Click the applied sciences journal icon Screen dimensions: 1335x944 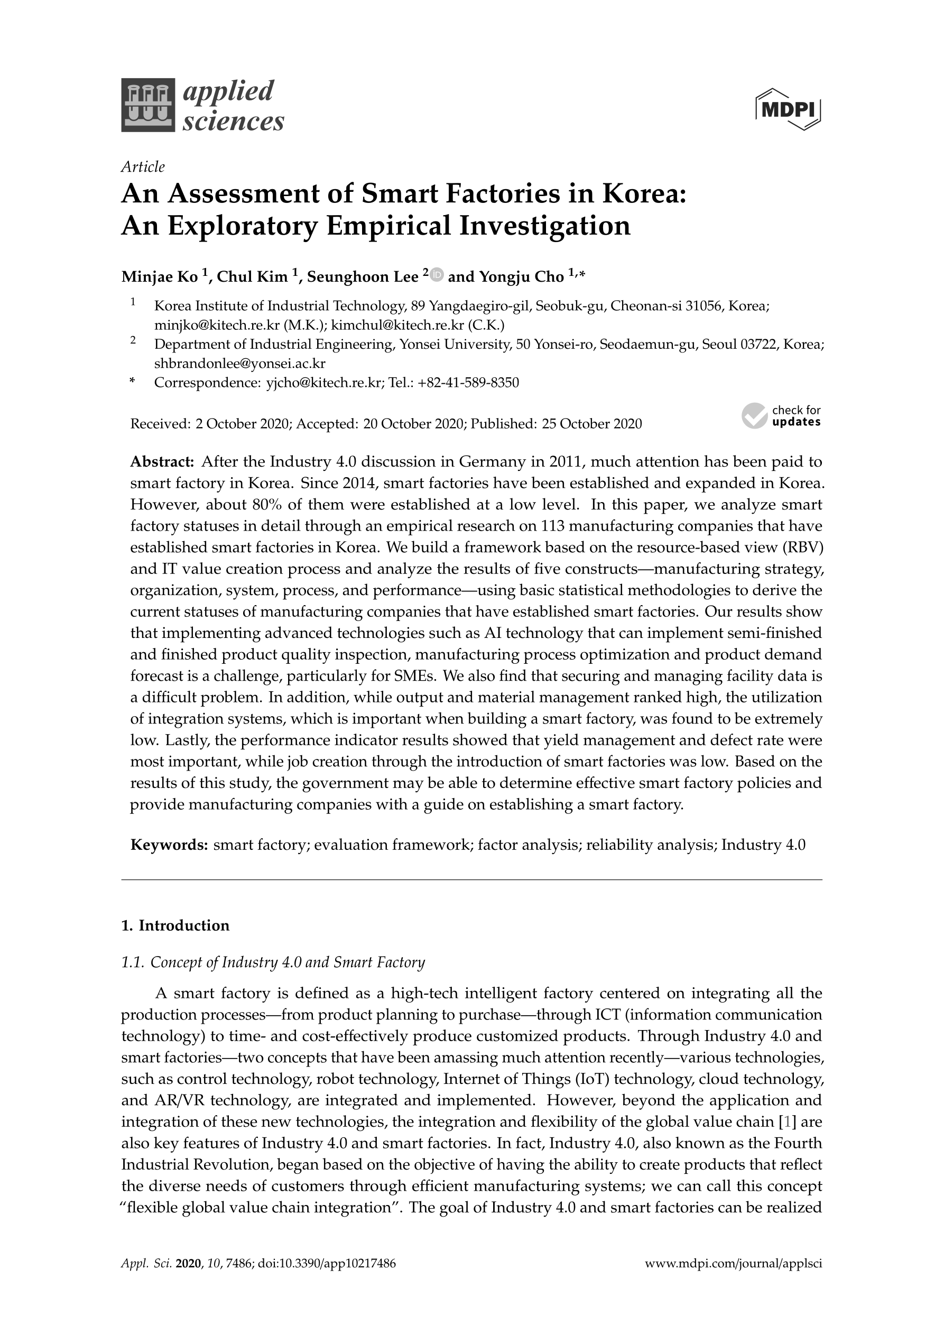coord(148,105)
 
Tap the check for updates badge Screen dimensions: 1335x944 coord(781,416)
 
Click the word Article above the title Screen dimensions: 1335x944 coord(143,167)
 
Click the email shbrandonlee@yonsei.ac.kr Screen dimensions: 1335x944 coord(239,364)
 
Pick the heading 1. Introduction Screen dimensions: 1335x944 coord(175,925)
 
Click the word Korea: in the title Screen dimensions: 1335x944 coord(644,193)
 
